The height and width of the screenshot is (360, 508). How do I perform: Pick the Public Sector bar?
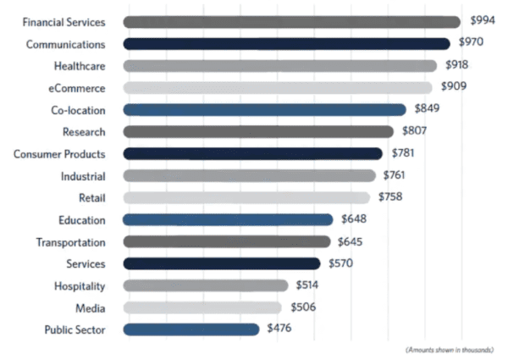pos(190,330)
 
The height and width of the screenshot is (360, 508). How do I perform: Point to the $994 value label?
pos(482,19)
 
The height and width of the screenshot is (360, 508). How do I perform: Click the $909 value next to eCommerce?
pos(454,86)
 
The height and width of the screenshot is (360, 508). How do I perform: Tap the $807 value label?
pos(414,130)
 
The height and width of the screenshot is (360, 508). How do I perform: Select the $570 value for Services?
pos(341,263)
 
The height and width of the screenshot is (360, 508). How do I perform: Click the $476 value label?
pos(279,328)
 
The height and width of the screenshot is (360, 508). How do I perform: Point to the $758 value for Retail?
pos(390,197)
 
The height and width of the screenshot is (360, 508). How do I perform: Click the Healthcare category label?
pos(80,65)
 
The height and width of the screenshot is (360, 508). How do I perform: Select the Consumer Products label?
pos(59,153)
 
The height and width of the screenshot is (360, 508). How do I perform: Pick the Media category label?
pos(91,307)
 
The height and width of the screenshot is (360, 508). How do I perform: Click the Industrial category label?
pos(83,175)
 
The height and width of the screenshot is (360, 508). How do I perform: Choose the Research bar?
pos(257,131)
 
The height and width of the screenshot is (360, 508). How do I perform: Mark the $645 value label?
pos(351,241)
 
